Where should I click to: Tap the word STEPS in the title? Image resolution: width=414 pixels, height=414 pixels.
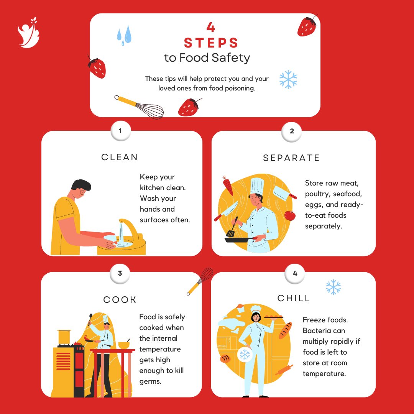[211, 43]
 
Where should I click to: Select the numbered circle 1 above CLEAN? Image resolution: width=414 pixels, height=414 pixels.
[120, 131]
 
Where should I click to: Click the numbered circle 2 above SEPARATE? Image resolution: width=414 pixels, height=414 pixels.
[292, 131]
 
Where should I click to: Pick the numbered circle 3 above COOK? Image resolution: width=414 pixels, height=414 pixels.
[120, 273]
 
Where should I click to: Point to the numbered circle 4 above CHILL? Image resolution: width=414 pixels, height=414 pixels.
[295, 273]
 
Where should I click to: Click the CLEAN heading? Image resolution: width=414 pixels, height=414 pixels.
[120, 157]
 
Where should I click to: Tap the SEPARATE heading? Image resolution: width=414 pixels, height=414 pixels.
[291, 158]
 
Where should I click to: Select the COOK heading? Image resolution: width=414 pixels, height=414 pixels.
[120, 300]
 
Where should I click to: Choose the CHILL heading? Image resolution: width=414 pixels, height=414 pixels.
[294, 298]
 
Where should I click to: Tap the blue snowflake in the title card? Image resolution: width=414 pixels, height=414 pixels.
[288, 79]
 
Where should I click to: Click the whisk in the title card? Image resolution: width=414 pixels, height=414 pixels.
[140, 107]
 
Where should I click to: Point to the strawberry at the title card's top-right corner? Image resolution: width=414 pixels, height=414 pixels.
[307, 26]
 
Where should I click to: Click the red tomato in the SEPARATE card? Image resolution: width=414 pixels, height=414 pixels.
[290, 215]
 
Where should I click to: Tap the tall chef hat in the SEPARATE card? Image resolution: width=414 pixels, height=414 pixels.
[255, 186]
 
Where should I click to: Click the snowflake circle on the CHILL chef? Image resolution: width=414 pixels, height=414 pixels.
[245, 355]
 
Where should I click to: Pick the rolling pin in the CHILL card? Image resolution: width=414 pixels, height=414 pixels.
[284, 370]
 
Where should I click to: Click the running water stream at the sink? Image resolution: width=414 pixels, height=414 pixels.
[121, 235]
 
